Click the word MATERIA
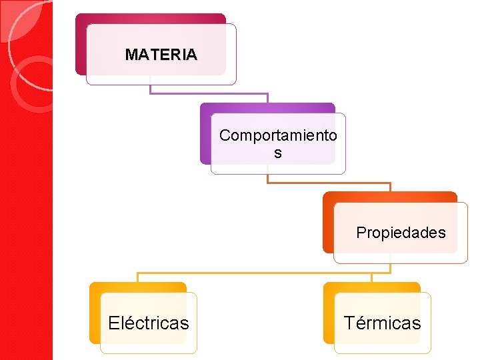(x=161, y=55)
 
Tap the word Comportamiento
(x=278, y=136)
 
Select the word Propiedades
(x=401, y=233)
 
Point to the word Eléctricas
(x=148, y=323)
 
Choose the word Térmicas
(x=382, y=323)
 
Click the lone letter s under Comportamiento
(x=278, y=153)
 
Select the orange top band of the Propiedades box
(x=390, y=197)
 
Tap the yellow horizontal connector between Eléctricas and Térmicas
(x=253, y=273)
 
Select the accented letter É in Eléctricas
(x=114, y=323)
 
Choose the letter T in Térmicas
(x=349, y=323)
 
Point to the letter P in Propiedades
(x=361, y=233)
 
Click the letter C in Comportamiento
(x=225, y=136)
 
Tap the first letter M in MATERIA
(x=131, y=55)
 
